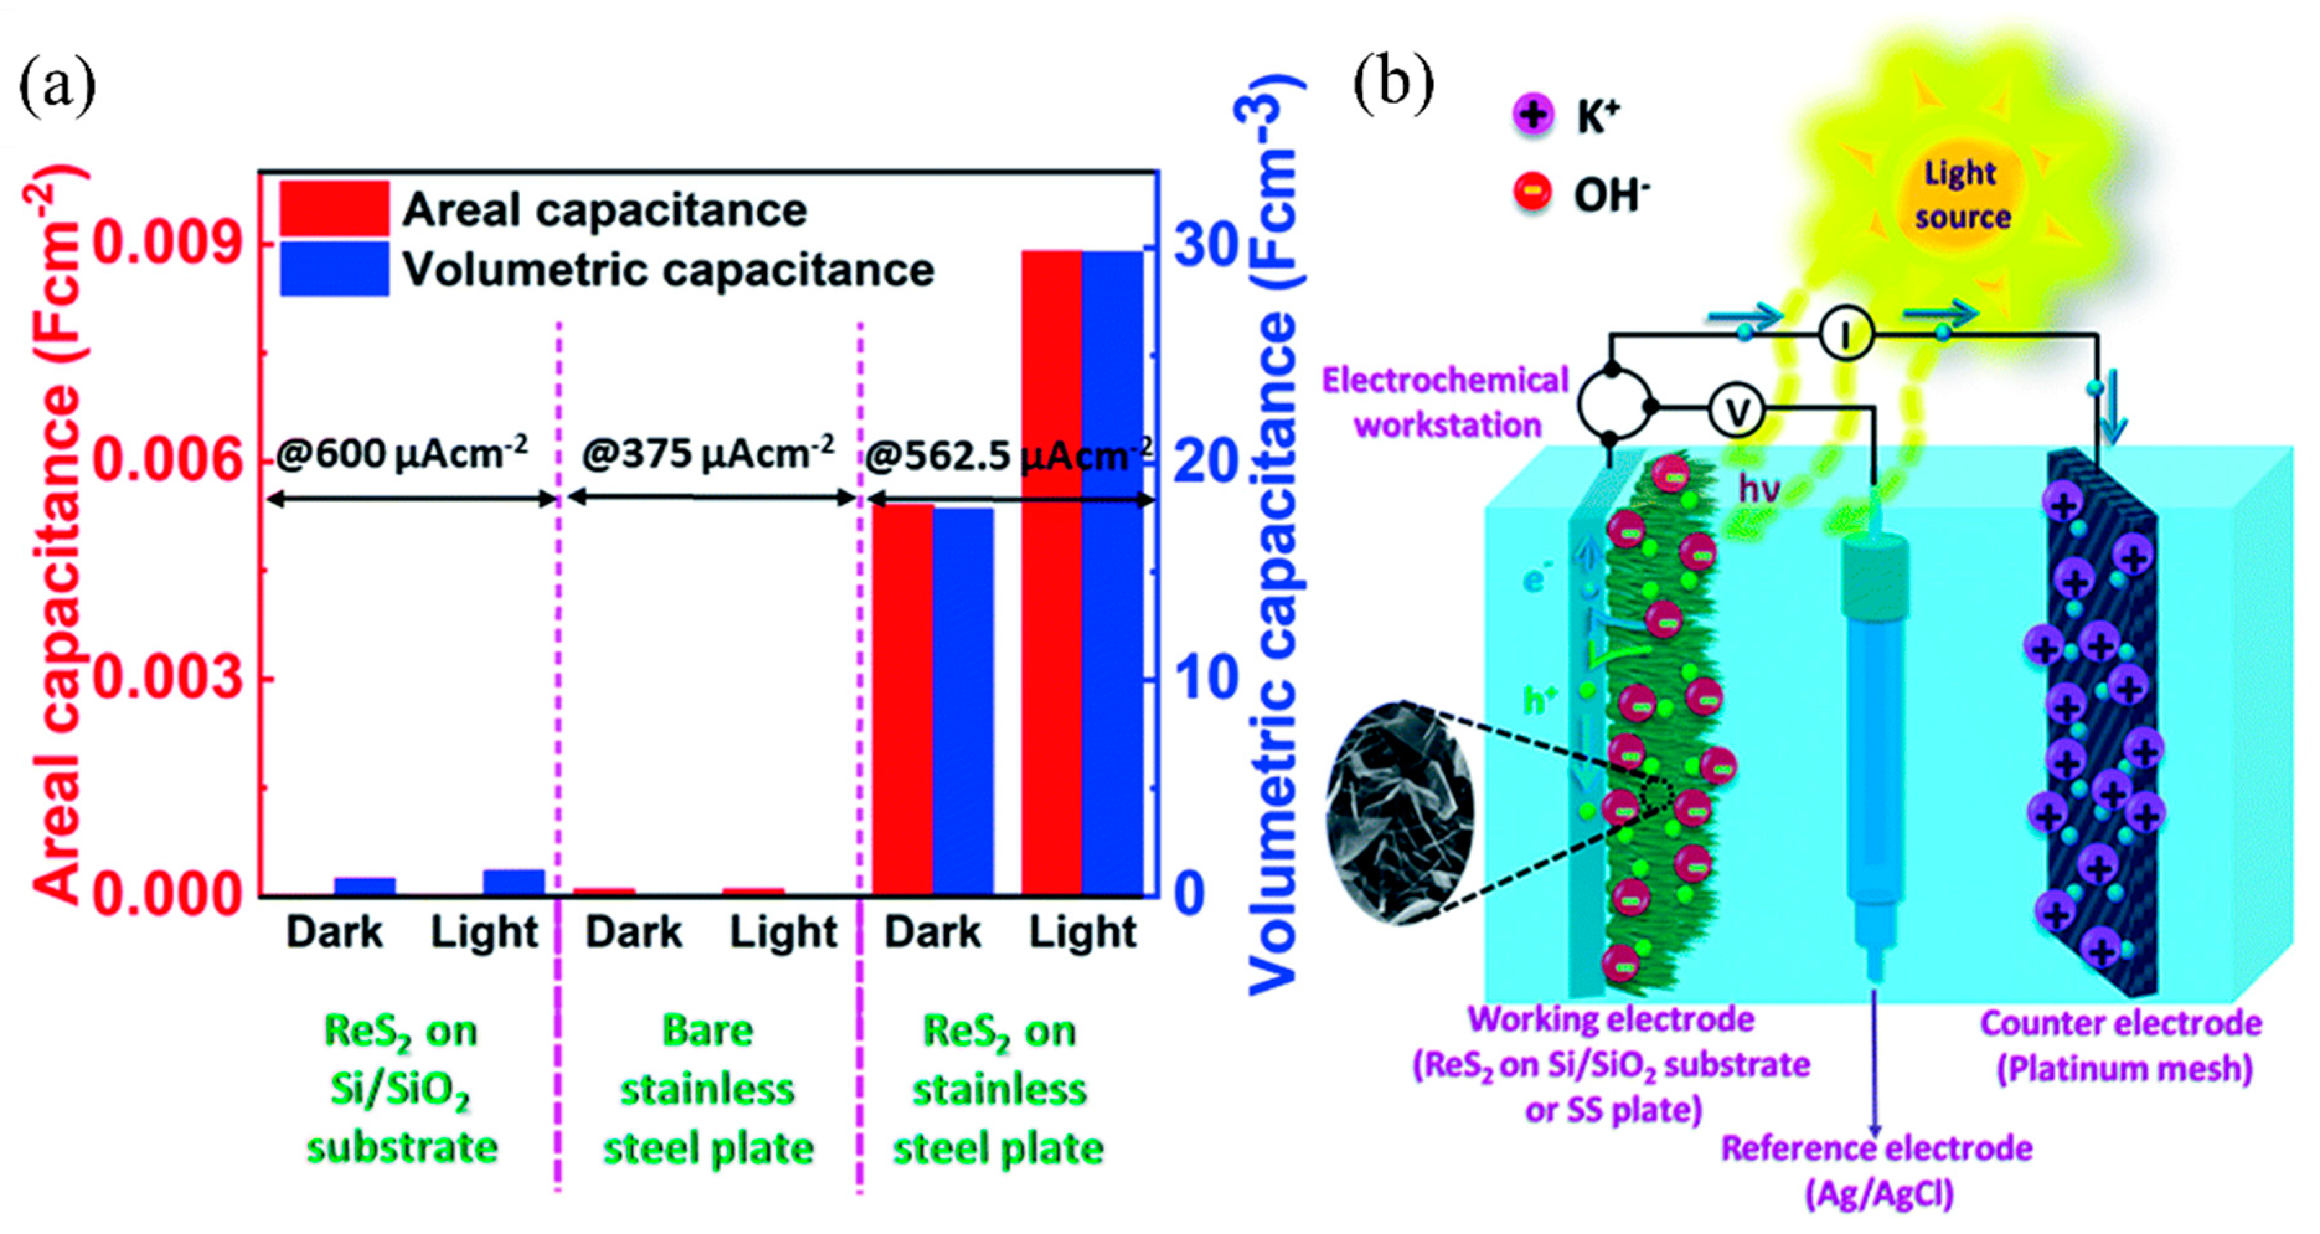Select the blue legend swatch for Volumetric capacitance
click(x=334, y=269)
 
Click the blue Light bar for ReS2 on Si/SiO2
click(x=514, y=883)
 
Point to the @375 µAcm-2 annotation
click(x=708, y=453)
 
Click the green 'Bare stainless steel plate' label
click(x=708, y=1090)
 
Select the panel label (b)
click(x=1393, y=86)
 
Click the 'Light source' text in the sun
click(x=1962, y=195)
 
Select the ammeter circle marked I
click(x=1846, y=334)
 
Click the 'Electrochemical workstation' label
click(x=1446, y=403)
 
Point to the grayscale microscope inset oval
click(x=1400, y=813)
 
